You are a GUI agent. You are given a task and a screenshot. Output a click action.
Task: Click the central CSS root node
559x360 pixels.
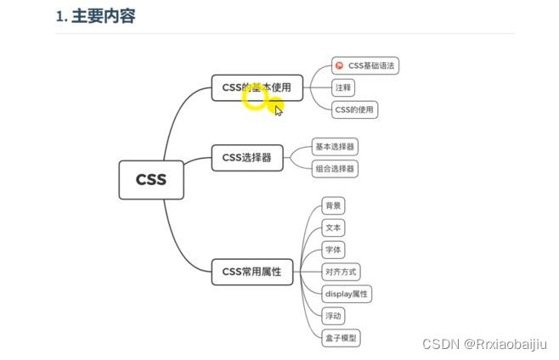pyautogui.click(x=151, y=180)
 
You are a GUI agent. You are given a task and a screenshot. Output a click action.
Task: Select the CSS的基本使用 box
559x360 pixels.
pyautogui.click(x=257, y=87)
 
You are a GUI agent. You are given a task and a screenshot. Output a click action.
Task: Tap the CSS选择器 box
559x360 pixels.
pyautogui.click(x=246, y=157)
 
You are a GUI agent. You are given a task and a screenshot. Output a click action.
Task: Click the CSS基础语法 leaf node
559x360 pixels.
pyautogui.click(x=366, y=65)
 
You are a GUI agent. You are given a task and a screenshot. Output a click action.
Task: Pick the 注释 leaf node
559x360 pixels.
pyautogui.click(x=343, y=87)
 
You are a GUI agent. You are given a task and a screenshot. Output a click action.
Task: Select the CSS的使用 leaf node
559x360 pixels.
pyautogui.click(x=355, y=110)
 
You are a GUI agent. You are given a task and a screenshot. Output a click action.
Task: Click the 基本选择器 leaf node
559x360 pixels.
pyautogui.click(x=335, y=147)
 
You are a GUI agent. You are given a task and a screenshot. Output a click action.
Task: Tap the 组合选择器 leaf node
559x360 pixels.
pyautogui.click(x=335, y=169)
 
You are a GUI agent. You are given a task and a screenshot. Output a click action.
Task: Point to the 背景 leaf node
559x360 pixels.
pyautogui.click(x=333, y=206)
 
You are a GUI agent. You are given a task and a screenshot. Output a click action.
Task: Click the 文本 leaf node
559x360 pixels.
pyautogui.click(x=333, y=228)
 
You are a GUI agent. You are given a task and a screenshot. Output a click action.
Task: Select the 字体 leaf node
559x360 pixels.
pyautogui.click(x=333, y=250)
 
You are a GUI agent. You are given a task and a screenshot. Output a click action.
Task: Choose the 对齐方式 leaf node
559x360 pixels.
pyautogui.click(x=341, y=273)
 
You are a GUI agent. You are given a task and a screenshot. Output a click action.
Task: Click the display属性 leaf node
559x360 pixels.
pyautogui.click(x=346, y=295)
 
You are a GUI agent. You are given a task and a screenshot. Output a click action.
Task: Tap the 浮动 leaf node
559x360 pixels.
pyautogui.click(x=333, y=316)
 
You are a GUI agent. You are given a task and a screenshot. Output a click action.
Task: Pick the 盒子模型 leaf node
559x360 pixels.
pyautogui.click(x=341, y=338)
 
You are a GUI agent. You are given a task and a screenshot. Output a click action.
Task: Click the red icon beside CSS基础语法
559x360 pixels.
pyautogui.click(x=340, y=65)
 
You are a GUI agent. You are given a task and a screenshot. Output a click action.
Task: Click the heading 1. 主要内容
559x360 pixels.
pyautogui.click(x=95, y=16)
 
